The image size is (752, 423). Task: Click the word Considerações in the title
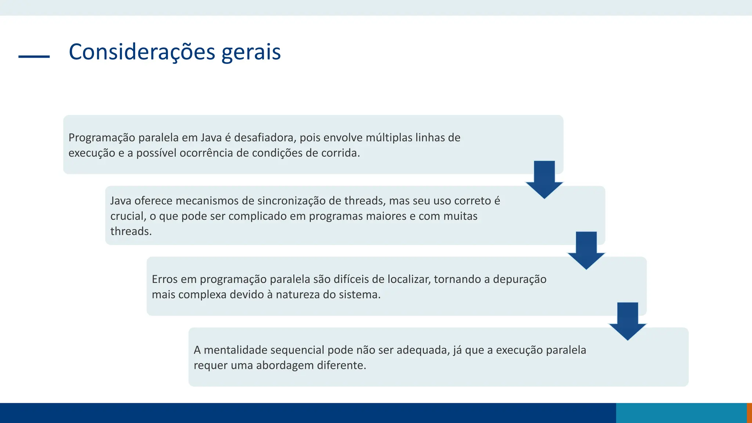(x=142, y=52)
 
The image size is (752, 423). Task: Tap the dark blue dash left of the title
(x=34, y=57)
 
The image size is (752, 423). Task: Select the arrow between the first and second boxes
(x=544, y=179)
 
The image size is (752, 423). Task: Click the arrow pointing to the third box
(x=586, y=250)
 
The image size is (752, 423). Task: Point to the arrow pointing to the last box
(x=628, y=321)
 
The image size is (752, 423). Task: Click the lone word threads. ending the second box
(x=131, y=231)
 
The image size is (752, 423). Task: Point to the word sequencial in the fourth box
(x=292, y=350)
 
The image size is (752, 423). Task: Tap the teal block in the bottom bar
(x=681, y=413)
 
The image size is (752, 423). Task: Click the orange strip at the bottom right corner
(x=749, y=413)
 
